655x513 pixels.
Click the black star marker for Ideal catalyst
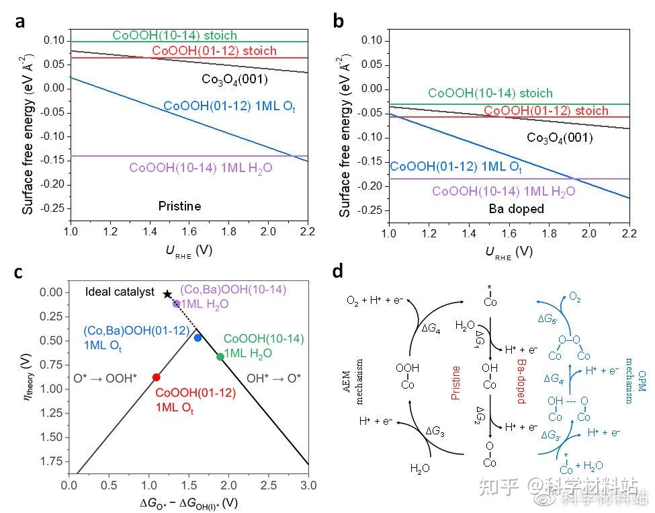(167, 294)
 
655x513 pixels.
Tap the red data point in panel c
(156, 377)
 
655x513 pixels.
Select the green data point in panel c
(220, 356)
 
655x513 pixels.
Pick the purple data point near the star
(177, 304)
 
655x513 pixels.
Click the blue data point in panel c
(198, 338)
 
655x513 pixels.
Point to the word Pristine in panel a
(179, 206)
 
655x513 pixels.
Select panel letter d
(339, 271)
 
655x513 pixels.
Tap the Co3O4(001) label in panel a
(234, 79)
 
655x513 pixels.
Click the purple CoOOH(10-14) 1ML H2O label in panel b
(503, 192)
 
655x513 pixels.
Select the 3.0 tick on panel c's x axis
(307, 485)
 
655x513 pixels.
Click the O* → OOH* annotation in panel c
(105, 379)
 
